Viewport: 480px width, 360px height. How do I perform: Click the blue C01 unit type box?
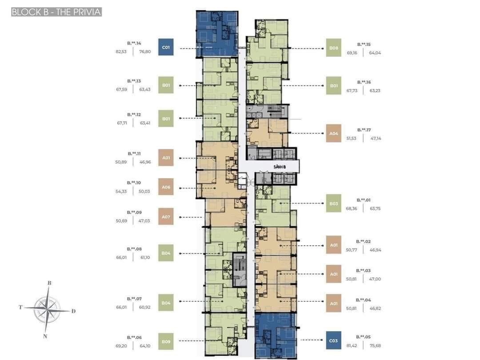(166, 47)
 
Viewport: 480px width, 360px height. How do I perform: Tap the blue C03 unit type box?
(334, 341)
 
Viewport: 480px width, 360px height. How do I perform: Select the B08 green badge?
(334, 48)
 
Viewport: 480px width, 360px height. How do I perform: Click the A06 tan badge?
(166, 187)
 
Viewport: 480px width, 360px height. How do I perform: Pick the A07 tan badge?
(166, 216)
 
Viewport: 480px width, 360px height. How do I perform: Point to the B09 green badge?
(166, 341)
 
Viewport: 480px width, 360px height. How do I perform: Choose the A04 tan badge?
(334, 133)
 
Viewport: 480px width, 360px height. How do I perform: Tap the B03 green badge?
(334, 204)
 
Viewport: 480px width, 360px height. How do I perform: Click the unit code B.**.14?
(134, 44)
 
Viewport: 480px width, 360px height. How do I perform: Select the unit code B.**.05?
(363, 337)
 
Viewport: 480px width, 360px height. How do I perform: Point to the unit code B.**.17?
(364, 130)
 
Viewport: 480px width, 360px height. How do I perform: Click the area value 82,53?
(121, 52)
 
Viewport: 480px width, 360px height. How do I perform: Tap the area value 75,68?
(375, 345)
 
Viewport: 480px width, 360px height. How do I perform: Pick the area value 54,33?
(121, 191)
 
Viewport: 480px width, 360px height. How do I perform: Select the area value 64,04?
(375, 52)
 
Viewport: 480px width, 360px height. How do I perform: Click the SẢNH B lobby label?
(280, 167)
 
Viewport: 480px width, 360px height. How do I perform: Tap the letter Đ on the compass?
(73, 311)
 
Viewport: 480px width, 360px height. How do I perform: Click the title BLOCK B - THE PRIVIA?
(56, 12)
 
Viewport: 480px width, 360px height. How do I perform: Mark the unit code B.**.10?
(134, 183)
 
